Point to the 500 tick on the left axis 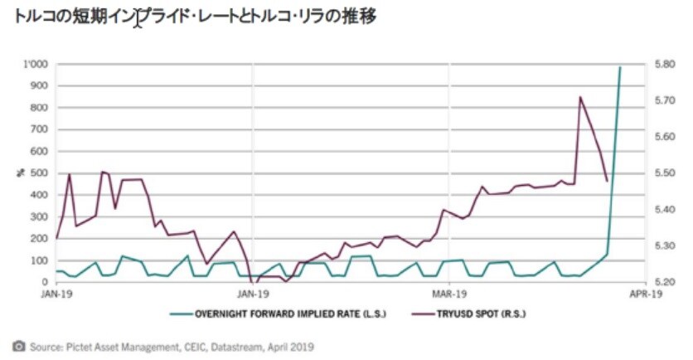38,173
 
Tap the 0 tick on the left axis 45,282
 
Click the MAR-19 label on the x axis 448,293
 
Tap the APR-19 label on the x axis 645,293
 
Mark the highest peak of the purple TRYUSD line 579,97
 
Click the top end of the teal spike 620,67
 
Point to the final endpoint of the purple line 607,181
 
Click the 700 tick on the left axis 38,129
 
